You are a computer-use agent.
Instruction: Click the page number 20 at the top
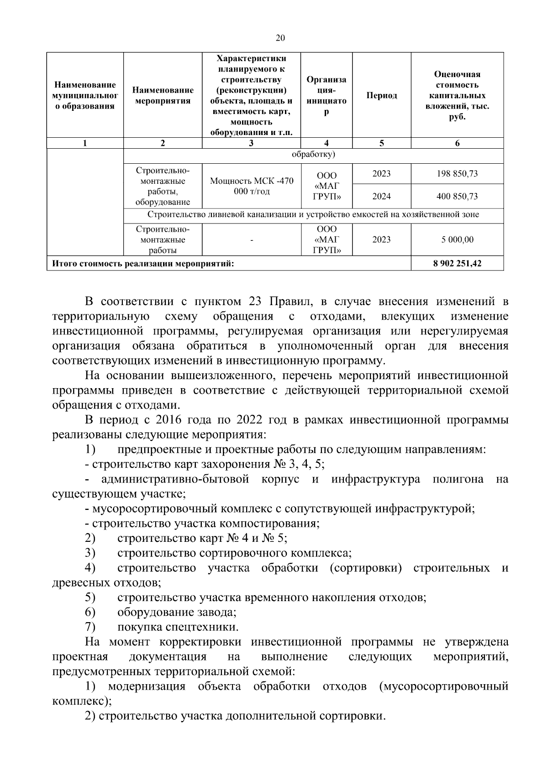[x=280, y=38]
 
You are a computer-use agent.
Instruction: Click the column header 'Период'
[x=381, y=95]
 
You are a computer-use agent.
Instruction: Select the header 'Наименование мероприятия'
[x=163, y=96]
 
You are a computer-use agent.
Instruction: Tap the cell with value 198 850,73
[x=457, y=174]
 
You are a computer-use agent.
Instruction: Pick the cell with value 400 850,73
[x=457, y=197]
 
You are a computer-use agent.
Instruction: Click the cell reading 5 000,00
[x=457, y=239]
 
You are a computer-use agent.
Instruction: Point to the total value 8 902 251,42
[x=457, y=263]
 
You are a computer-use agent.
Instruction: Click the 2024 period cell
[x=381, y=197]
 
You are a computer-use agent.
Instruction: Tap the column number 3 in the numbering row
[x=251, y=143]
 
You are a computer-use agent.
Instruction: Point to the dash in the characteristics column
[x=251, y=240]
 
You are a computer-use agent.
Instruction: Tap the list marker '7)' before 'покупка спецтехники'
[x=90, y=627]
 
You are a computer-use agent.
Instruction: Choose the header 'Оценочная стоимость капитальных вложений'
[x=457, y=95]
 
